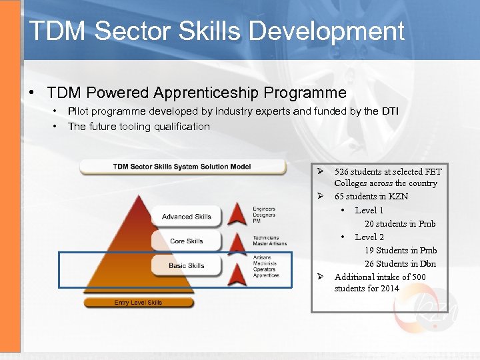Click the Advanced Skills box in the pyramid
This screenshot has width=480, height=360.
point(186,217)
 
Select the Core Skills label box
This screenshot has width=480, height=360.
point(186,241)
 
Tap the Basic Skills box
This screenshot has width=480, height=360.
point(186,265)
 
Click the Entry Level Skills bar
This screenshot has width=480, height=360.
point(138,303)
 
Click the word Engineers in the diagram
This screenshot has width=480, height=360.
point(264,209)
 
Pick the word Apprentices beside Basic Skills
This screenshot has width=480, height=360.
point(266,275)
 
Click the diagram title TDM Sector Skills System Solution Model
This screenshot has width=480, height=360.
point(181,166)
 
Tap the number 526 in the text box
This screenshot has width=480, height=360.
point(343,171)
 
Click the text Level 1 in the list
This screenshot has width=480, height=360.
point(369,210)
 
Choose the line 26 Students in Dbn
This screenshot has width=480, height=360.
point(400,263)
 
